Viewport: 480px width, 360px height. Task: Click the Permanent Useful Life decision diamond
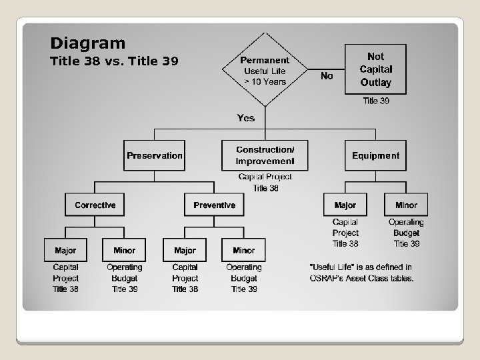tap(265, 70)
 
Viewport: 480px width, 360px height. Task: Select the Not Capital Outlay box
tap(375, 69)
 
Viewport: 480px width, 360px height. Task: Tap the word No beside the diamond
tap(327, 76)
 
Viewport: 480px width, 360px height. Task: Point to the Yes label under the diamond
tap(246, 118)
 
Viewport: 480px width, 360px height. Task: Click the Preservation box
tap(154, 155)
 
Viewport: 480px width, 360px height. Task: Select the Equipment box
tap(375, 155)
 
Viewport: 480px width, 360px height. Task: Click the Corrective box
tap(95, 205)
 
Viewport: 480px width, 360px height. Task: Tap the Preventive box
tap(214, 205)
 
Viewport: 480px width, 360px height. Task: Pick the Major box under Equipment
tap(345, 205)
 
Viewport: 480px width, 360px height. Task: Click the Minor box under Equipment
tap(406, 205)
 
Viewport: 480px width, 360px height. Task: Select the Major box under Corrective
tap(65, 250)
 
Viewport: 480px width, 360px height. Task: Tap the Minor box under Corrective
tap(124, 250)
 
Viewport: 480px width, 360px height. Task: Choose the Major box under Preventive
tap(185, 250)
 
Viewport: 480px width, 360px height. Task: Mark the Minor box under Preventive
tap(243, 250)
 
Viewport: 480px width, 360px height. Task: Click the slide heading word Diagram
tap(87, 44)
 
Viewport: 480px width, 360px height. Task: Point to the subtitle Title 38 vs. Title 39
tap(114, 62)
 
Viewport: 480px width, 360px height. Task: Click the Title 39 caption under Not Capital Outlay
tap(376, 101)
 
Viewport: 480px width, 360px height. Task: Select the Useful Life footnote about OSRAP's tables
tap(362, 273)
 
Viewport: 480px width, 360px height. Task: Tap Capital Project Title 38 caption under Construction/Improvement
tap(265, 182)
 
